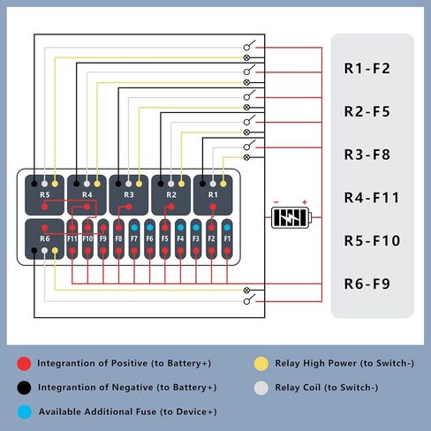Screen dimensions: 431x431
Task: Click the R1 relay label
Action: point(213,194)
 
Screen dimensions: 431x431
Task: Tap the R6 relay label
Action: point(45,238)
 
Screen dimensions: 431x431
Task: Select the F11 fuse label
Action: point(72,238)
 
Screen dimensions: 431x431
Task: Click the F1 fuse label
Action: point(227,238)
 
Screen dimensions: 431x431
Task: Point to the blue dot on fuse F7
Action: point(134,227)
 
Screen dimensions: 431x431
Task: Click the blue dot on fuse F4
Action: point(180,227)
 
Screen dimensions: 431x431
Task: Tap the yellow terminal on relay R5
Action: point(55,184)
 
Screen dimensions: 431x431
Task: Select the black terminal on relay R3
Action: point(118,184)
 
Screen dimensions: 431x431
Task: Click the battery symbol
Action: point(291,217)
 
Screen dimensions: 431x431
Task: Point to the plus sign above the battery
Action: point(305,202)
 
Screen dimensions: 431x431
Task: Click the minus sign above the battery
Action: point(276,202)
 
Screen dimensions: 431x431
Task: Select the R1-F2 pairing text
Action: point(367,68)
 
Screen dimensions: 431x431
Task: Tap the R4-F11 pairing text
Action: point(372,198)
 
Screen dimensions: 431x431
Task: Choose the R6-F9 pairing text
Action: point(367,284)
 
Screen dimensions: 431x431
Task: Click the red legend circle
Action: point(24,364)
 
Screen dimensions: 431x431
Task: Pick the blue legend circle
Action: point(24,412)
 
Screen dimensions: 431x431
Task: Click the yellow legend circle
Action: point(261,364)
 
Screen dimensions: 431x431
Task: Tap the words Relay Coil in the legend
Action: point(298,388)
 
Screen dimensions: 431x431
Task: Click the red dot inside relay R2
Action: point(171,207)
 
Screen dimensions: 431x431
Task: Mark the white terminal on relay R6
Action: point(44,251)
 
